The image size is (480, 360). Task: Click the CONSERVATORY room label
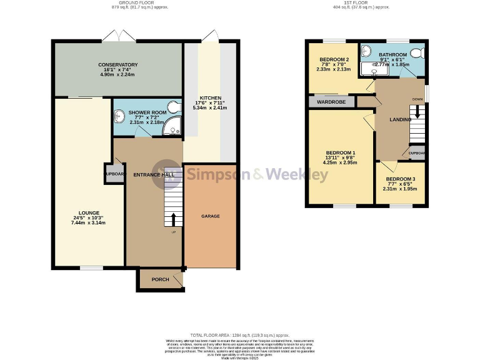pos(117,64)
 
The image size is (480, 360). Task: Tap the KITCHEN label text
pos(210,98)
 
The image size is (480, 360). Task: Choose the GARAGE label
pos(210,216)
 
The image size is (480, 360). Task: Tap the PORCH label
pos(161,279)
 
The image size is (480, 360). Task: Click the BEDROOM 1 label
pos(340,152)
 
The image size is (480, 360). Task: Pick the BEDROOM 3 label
pos(400,179)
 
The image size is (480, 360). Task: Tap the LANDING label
pos(400,119)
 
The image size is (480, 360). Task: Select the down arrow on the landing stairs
pos(418,112)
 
